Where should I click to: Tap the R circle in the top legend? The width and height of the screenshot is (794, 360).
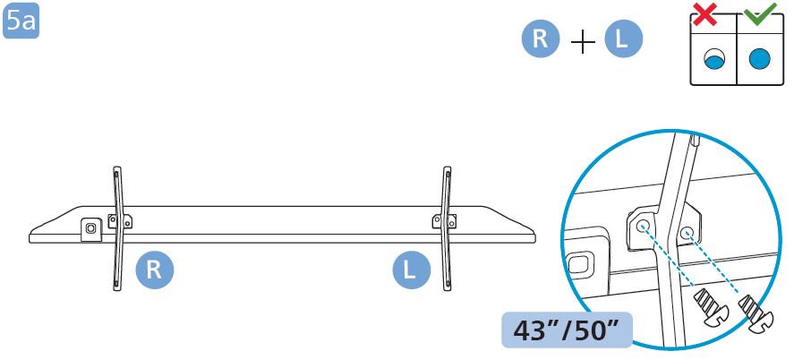pos(541,39)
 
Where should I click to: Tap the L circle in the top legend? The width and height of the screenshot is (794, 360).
pos(623,39)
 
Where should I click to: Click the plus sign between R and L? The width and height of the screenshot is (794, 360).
pos(583,42)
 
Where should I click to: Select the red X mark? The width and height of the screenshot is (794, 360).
pos(705,14)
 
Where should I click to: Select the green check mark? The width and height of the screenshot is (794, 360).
pos(760,13)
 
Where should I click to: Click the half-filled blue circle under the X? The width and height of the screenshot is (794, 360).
pos(714,60)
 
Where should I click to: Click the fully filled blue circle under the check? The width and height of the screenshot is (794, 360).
pos(760,59)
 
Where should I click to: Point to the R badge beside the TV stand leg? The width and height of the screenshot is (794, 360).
pos(155,270)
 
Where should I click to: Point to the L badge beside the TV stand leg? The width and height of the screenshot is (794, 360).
pos(411,270)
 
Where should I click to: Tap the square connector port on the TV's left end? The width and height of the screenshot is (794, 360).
pos(90,229)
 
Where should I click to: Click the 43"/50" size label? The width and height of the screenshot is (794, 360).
pos(567,330)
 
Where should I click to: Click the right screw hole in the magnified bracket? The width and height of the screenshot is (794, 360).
pos(687,233)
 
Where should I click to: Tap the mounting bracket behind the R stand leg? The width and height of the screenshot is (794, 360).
pos(120,221)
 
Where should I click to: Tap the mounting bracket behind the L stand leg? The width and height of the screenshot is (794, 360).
pos(444,221)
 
